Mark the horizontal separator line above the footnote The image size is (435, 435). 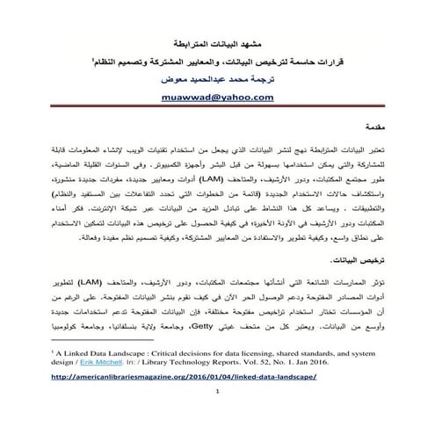click(x=97, y=338)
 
